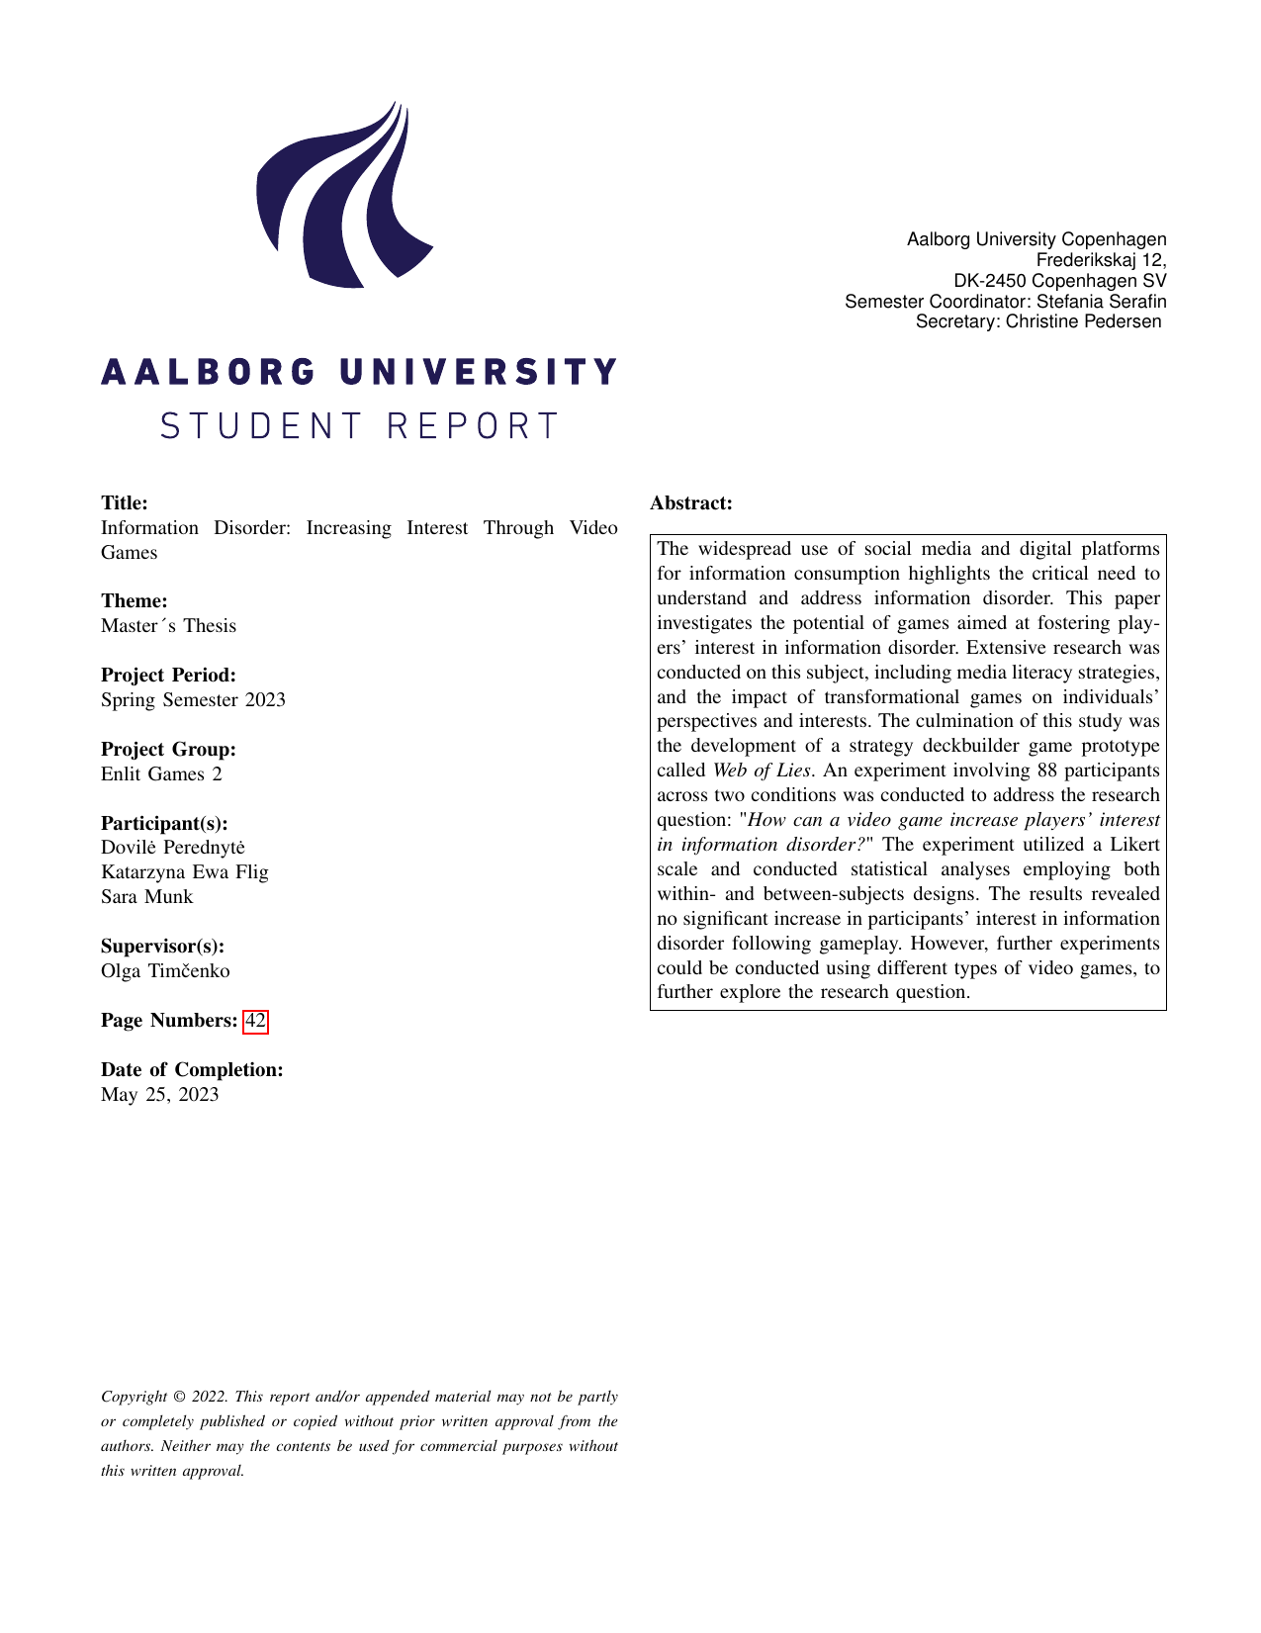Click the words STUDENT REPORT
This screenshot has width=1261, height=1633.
point(359,426)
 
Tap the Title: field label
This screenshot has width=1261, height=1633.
point(125,503)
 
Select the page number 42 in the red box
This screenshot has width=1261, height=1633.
point(255,1021)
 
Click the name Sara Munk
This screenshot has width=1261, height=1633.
point(147,897)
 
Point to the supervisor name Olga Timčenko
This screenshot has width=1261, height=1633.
point(165,971)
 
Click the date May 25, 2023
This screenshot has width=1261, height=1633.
point(160,1095)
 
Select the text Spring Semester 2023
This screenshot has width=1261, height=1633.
point(193,700)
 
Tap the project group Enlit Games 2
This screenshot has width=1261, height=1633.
point(161,774)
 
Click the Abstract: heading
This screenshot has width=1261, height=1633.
point(690,503)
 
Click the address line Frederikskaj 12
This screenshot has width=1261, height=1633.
point(1100,260)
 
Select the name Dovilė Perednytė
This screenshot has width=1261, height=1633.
point(173,848)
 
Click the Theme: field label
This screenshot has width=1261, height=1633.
point(134,601)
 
